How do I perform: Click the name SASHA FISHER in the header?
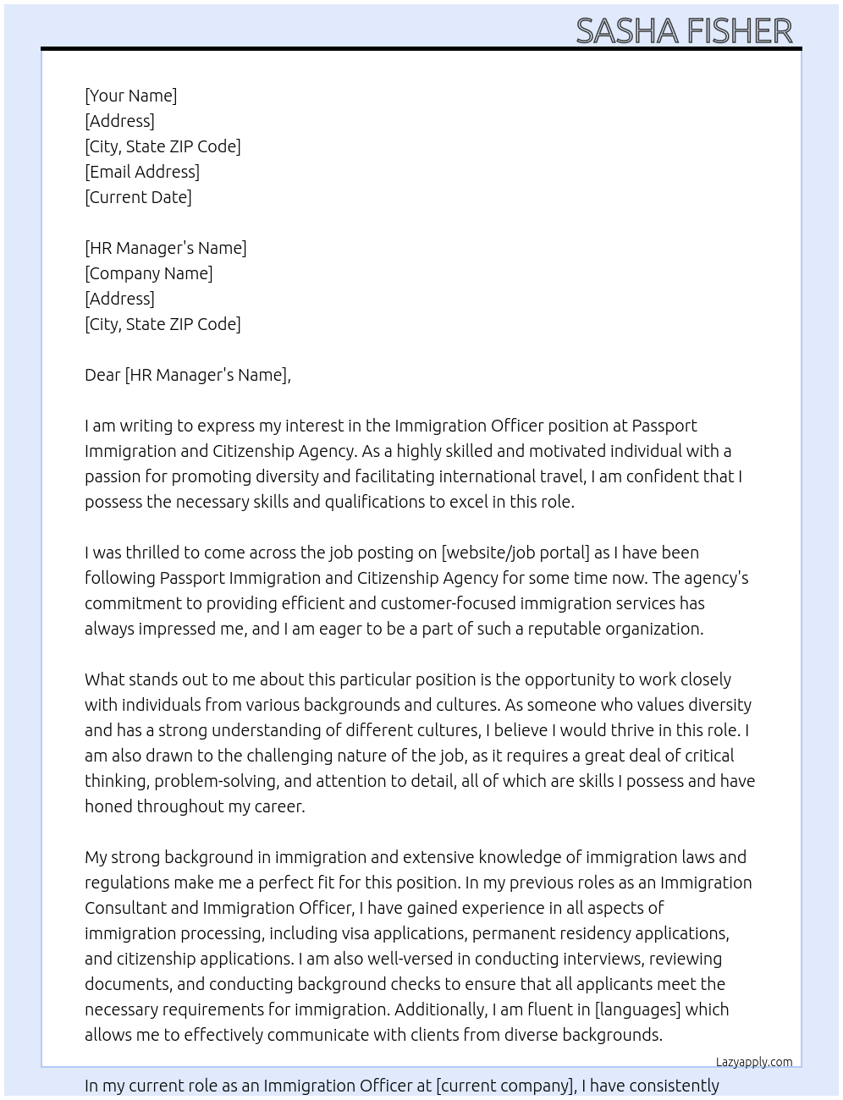(684, 31)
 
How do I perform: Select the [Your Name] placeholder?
(131, 96)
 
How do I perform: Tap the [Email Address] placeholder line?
(142, 172)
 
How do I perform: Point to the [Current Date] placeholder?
(138, 197)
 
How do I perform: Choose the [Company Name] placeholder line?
(149, 273)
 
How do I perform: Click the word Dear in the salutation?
(102, 375)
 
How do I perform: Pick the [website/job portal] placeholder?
(515, 553)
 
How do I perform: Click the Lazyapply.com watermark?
(754, 1062)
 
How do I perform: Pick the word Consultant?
(125, 908)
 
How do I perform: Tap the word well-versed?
(409, 959)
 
